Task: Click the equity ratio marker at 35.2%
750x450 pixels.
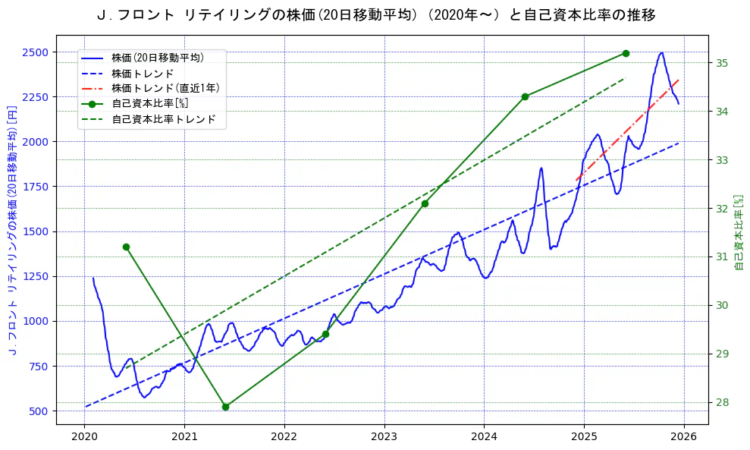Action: (x=626, y=53)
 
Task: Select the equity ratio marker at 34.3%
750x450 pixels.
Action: (x=525, y=96)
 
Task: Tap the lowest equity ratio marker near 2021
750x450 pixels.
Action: (x=225, y=407)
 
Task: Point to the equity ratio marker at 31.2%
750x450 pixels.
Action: (x=126, y=247)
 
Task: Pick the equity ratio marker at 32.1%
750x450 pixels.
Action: (x=425, y=203)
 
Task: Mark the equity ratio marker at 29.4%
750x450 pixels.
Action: (x=325, y=334)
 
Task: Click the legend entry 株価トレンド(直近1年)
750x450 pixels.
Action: (x=165, y=88)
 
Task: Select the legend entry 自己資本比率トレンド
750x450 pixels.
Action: (x=164, y=119)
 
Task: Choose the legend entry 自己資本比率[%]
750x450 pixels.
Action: (x=149, y=104)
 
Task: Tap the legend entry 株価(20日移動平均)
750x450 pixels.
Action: (x=158, y=57)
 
